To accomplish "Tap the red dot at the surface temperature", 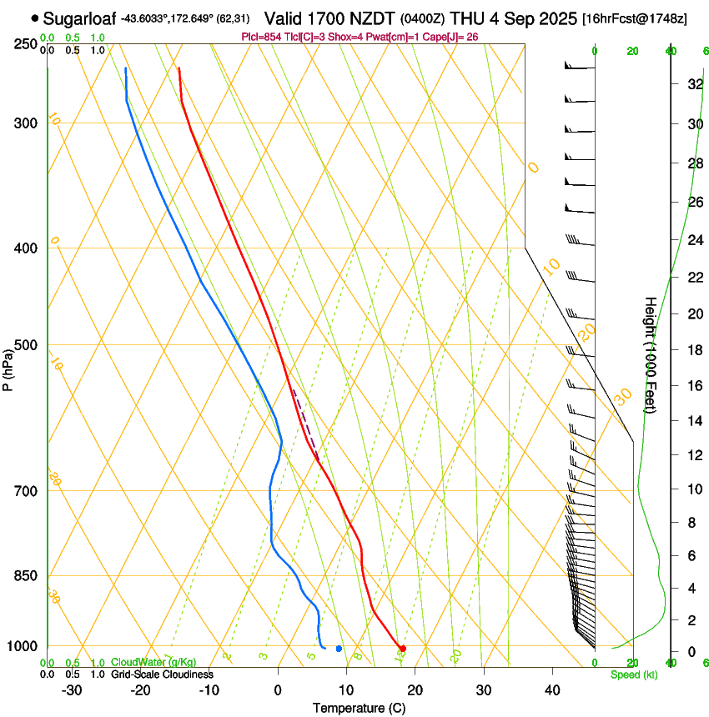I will pos(403,648).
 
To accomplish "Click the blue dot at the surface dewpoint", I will pos(339,648).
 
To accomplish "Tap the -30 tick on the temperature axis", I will pos(72,690).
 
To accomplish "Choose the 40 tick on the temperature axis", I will pos(551,690).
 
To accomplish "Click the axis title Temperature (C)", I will pos(359,708).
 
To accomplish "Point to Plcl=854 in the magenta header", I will pos(260,38).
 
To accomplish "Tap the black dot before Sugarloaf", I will pos(34,18).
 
